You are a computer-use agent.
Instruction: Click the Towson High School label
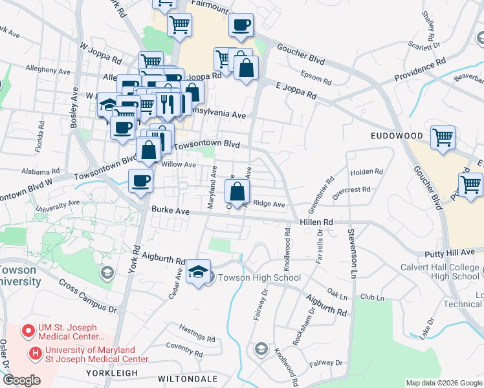[x=258, y=278]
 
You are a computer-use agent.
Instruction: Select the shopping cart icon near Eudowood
[x=443, y=137]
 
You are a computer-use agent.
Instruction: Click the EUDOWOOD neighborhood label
[x=397, y=136]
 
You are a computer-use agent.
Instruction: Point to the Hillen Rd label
[x=316, y=222]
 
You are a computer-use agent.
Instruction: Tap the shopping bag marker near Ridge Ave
[x=237, y=191]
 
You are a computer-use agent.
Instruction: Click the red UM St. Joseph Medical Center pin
[x=28, y=332]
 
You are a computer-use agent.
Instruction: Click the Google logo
[x=21, y=380]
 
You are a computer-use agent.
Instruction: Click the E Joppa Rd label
[x=296, y=90]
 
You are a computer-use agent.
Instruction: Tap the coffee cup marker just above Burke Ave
[x=140, y=181]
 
